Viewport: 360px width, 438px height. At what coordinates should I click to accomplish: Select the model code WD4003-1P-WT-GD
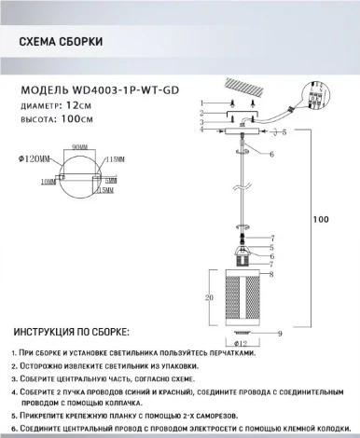(138, 91)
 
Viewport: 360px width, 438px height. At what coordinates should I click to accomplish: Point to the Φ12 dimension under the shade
(243, 343)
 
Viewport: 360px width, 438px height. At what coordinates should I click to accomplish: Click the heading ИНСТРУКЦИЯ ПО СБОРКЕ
(71, 333)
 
